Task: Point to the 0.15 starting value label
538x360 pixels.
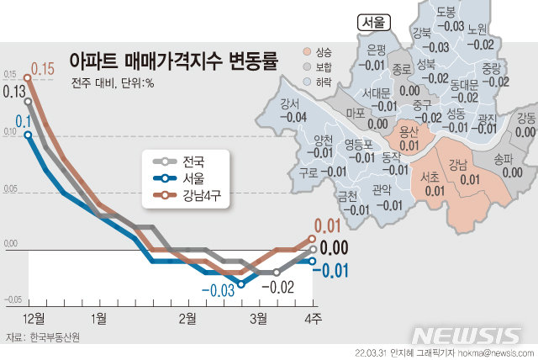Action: point(43,68)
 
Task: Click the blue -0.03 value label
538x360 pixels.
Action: point(217,291)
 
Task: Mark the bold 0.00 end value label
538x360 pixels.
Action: point(335,248)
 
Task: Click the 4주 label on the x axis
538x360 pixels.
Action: point(313,317)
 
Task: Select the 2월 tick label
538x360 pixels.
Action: point(187,317)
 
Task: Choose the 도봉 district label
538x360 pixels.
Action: point(447,12)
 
